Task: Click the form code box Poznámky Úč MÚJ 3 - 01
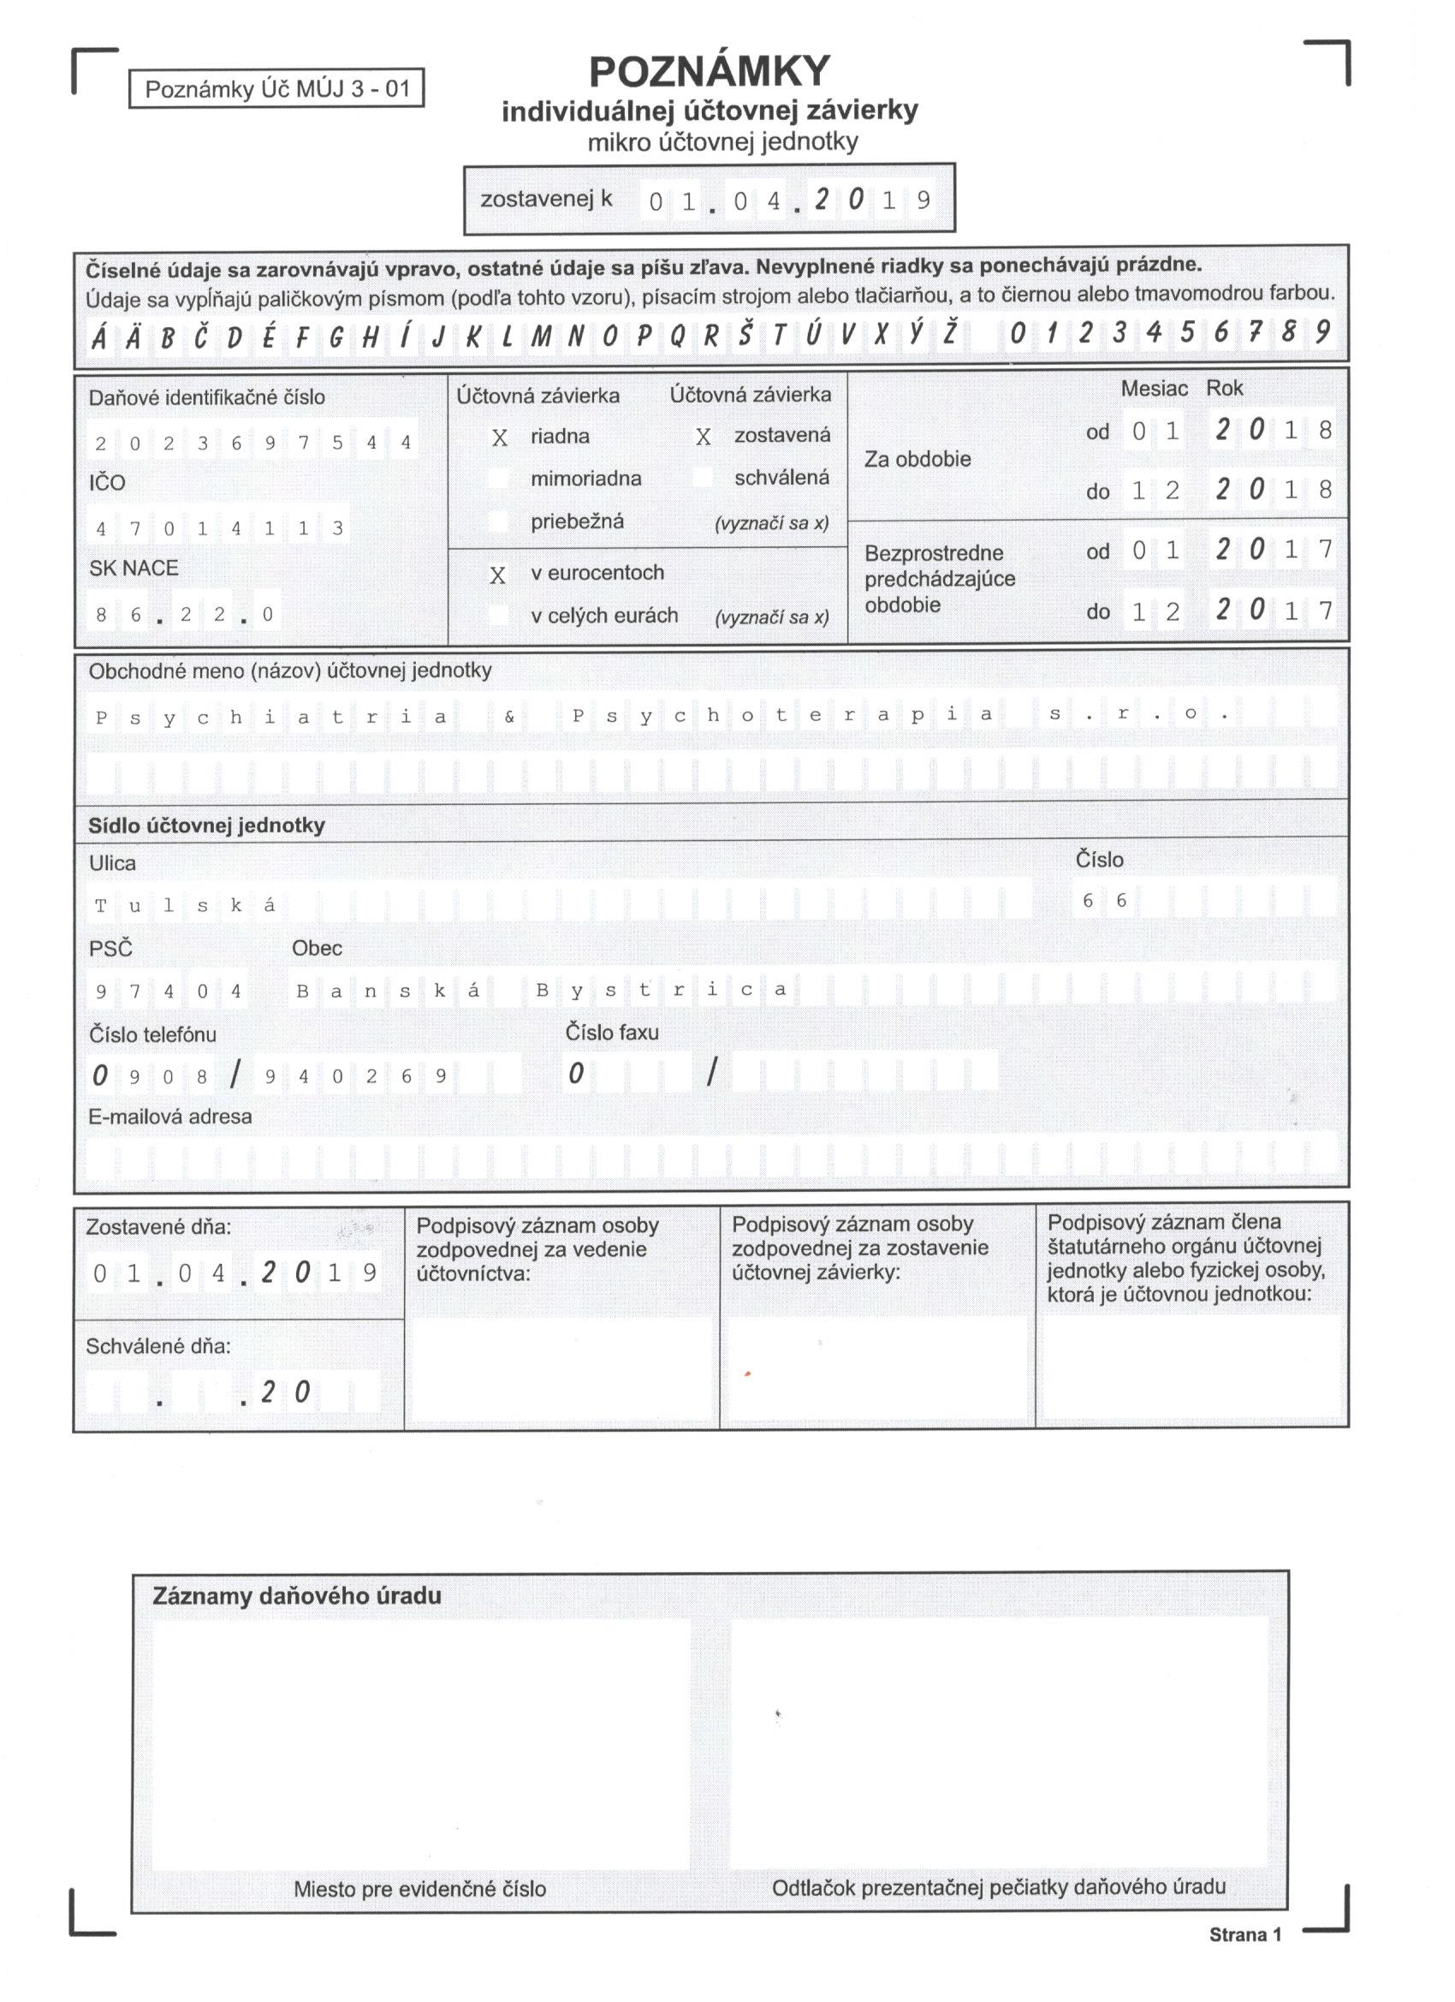pos(276,88)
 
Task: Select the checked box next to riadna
pos(500,438)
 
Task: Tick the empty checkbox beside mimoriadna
pos(500,479)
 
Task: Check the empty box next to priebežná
pos(500,521)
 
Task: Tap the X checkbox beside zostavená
pos(703,437)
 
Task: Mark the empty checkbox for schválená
pos(703,478)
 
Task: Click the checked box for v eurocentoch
pos(497,575)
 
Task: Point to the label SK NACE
pos(134,568)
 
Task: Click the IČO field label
pos(107,482)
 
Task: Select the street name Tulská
pos(185,905)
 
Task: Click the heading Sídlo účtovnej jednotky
pos(206,825)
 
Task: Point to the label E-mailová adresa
pos(170,1116)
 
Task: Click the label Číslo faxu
pos(611,1031)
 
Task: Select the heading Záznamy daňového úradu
pos(296,1595)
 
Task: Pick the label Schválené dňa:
pos(158,1345)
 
